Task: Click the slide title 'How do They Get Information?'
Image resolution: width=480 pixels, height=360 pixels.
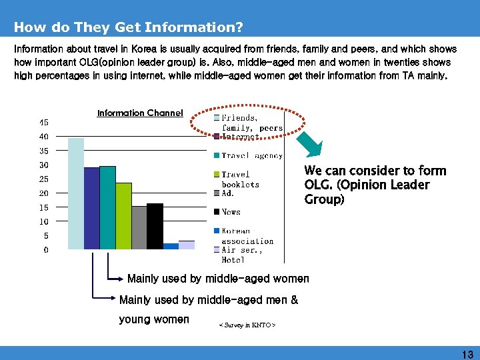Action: click(128, 27)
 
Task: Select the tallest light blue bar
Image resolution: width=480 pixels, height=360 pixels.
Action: click(76, 193)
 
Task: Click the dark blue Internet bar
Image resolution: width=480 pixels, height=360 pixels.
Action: click(91, 208)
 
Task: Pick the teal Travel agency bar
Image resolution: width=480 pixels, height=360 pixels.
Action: click(107, 207)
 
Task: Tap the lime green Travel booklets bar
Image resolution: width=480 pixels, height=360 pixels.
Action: click(123, 216)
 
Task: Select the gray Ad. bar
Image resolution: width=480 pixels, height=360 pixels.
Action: click(139, 227)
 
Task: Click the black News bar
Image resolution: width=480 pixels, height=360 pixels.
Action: click(155, 226)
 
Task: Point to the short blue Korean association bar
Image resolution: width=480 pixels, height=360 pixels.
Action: click(171, 246)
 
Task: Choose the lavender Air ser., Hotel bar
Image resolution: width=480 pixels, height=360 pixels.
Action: click(187, 245)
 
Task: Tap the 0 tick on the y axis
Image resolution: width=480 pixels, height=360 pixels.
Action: click(45, 250)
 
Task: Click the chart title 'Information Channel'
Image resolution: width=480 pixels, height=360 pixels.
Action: click(140, 113)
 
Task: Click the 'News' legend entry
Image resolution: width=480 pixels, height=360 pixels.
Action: click(231, 212)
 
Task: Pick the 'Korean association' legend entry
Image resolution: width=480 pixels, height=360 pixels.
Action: click(247, 236)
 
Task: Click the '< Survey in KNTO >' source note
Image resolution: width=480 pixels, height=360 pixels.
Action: click(247, 325)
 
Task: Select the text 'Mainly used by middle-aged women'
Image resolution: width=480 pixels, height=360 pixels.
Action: click(218, 279)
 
